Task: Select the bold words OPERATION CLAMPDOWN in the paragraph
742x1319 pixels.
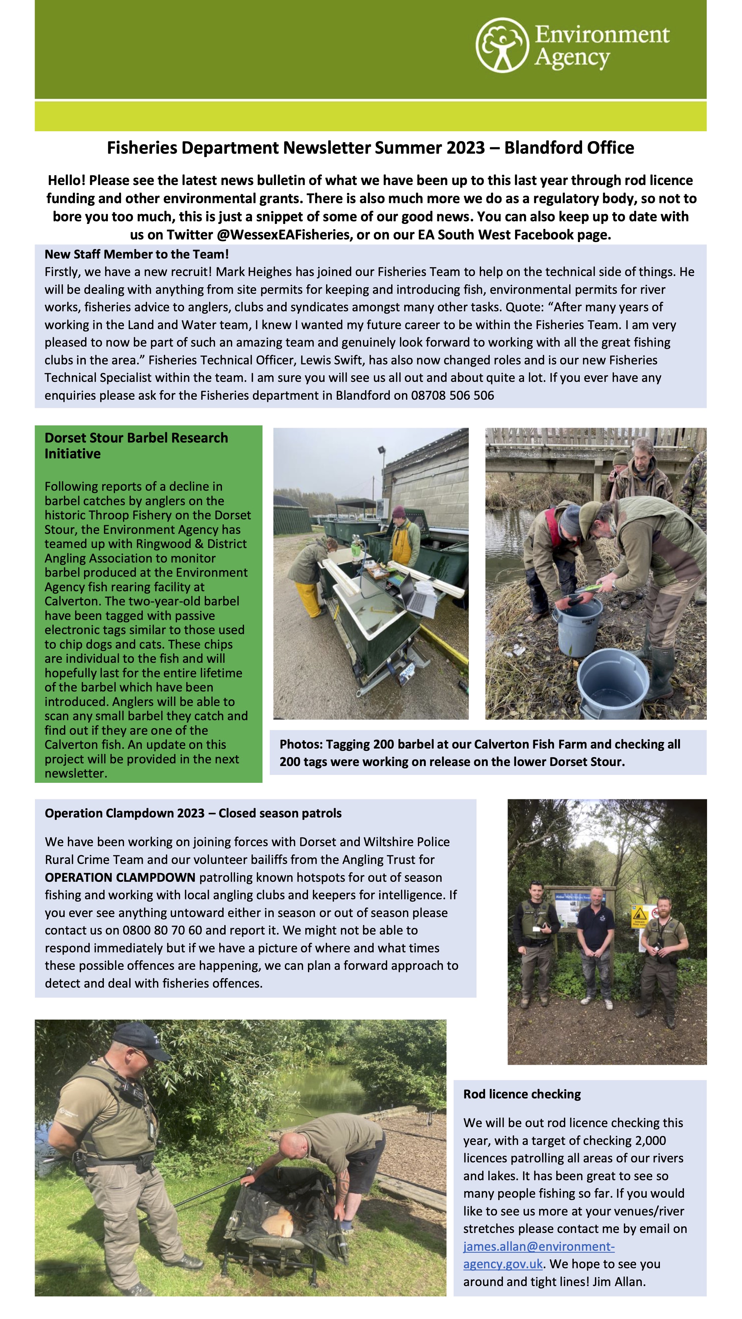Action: coord(120,877)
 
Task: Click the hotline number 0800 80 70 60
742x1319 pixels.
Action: coord(168,930)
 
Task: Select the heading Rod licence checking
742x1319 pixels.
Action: coord(522,1094)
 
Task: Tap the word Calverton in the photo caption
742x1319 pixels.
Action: coord(505,745)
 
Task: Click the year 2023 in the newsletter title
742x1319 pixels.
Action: coord(465,148)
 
